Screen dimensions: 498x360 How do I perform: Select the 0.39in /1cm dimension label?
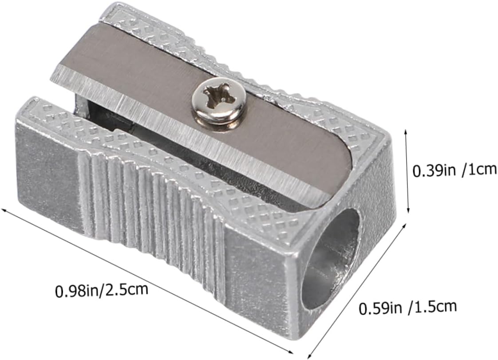tap(454, 170)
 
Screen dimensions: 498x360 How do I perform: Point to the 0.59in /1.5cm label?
tap(408, 308)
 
